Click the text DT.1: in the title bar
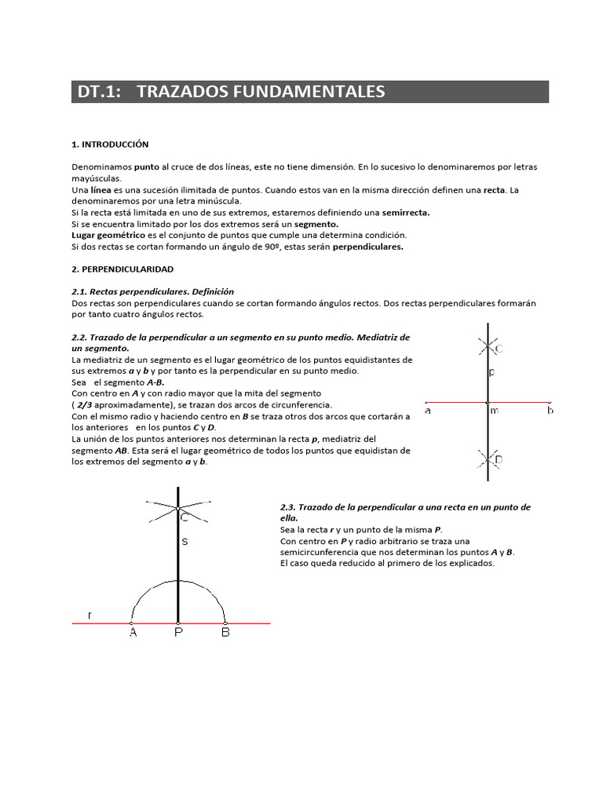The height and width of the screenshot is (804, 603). [x=99, y=92]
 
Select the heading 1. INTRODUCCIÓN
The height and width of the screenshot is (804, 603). [x=110, y=144]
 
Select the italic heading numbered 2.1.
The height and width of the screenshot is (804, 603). [x=152, y=291]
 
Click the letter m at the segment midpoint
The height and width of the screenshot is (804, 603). [x=494, y=411]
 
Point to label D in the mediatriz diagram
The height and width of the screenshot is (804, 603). [x=499, y=459]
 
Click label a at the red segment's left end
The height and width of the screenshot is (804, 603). [x=428, y=411]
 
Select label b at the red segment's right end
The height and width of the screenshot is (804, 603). [x=550, y=411]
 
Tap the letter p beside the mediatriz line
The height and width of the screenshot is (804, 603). [x=492, y=372]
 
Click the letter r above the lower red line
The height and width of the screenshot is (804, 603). [x=90, y=615]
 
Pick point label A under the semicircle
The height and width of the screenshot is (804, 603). [x=133, y=634]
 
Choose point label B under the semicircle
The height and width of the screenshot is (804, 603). [x=225, y=634]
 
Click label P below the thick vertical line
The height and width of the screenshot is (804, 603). [x=179, y=634]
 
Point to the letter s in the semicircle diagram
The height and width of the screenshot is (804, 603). [x=185, y=542]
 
